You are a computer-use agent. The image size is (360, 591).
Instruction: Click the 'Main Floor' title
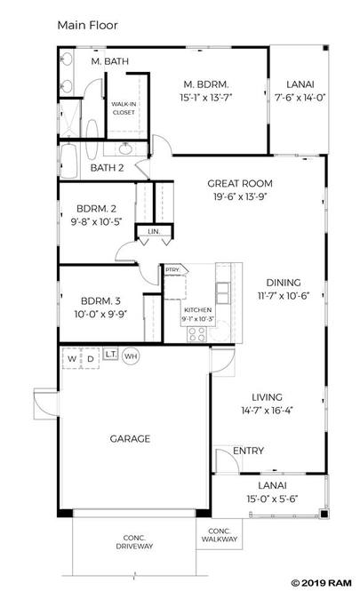coord(87,26)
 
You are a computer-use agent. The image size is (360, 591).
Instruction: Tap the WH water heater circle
coord(131,356)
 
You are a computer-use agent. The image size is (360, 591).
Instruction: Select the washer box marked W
coord(72,358)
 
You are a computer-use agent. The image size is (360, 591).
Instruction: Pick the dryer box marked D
coord(91,358)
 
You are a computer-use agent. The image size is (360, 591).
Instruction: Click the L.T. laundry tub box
coord(110,355)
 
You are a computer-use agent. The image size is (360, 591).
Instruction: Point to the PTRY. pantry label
coord(172,270)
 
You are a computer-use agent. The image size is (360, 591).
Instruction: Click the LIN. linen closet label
coord(154,231)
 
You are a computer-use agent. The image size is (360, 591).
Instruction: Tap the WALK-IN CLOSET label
coord(124,108)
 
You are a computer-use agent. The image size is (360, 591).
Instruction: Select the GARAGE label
coord(130,439)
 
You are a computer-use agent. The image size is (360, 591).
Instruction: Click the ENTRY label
coord(248,451)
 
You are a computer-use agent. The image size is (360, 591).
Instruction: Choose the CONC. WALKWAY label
coord(220,535)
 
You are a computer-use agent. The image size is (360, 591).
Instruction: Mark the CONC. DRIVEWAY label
coord(134,542)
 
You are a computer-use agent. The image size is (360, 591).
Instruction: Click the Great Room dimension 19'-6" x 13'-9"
coord(239,196)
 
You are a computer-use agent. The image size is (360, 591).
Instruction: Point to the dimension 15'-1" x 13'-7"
coord(206,98)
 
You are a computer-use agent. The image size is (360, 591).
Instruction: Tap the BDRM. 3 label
coord(100,301)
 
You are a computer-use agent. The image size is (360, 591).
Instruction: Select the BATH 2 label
coord(107,168)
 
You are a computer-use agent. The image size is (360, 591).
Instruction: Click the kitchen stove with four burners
coord(197,334)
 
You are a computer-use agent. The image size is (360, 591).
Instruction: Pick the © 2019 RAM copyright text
coord(322,583)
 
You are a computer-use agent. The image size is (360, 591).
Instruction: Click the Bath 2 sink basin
coord(125,149)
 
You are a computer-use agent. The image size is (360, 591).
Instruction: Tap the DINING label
coord(284,283)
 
